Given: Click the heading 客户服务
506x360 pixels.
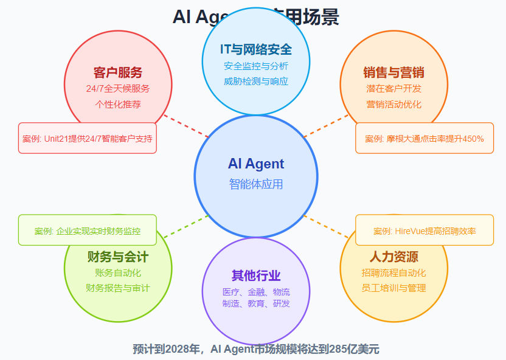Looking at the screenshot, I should [x=118, y=73].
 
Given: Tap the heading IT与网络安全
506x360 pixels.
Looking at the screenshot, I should [x=256, y=49].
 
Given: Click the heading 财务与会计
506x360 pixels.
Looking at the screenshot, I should [x=118, y=257].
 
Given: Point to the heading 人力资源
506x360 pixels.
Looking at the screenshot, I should [x=394, y=257].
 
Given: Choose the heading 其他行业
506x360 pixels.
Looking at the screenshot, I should [x=256, y=275].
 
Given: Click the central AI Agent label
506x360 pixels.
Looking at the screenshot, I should [x=256, y=164].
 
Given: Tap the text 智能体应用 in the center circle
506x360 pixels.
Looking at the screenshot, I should [x=256, y=184].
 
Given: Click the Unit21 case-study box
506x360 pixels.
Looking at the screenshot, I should [x=88, y=138].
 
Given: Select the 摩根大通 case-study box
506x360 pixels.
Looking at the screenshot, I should [x=425, y=138].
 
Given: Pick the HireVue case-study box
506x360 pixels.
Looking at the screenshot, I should [x=425, y=230].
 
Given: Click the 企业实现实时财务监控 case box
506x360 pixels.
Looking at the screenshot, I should [x=88, y=230].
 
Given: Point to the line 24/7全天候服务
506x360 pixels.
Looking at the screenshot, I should [x=118, y=89].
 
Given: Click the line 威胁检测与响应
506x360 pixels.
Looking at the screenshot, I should [x=256, y=81].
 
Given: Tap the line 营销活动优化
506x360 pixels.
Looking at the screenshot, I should [x=394, y=104].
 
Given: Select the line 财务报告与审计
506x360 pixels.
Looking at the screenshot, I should [x=118, y=288].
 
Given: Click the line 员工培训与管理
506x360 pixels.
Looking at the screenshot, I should [x=394, y=288].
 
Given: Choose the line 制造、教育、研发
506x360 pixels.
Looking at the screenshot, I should [x=256, y=303].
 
